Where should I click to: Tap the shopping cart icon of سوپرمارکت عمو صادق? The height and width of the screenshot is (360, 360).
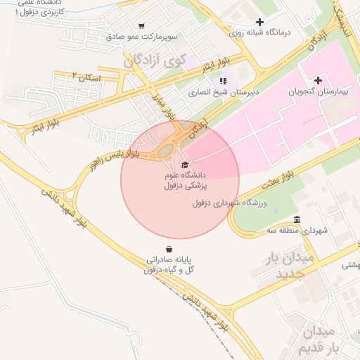click(x=143, y=23)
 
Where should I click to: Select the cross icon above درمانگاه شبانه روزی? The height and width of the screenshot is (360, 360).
click(x=260, y=22)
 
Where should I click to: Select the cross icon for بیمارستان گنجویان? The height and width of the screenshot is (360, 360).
click(x=317, y=80)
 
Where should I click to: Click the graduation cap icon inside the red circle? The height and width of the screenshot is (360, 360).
click(x=184, y=164)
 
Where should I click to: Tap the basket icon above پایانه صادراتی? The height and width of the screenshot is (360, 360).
click(x=169, y=248)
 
